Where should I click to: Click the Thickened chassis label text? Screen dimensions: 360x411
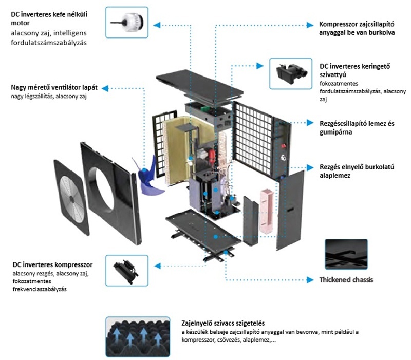(x=346, y=280)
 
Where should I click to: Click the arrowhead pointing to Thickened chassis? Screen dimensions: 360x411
(x=309, y=280)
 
